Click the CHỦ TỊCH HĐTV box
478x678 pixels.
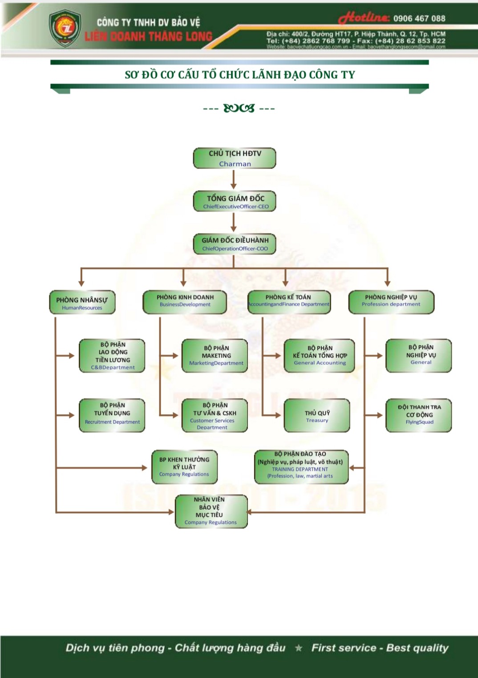pyautogui.click(x=235, y=158)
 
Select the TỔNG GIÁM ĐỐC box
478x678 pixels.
pyautogui.click(x=235, y=201)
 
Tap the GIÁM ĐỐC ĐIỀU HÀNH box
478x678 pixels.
pyautogui.click(x=235, y=244)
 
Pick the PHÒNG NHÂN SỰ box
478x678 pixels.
pyautogui.click(x=82, y=303)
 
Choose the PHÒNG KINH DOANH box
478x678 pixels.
pyautogui.click(x=185, y=302)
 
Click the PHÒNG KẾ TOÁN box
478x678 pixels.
pyautogui.click(x=289, y=302)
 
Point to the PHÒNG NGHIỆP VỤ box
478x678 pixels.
pyautogui.click(x=391, y=302)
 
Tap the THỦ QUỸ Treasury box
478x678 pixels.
pyautogui.click(x=317, y=416)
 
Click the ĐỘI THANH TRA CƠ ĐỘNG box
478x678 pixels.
pyautogui.click(x=419, y=415)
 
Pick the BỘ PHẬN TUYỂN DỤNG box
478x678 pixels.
pyautogui.click(x=112, y=415)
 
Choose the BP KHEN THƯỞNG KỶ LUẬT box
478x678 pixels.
pyautogui.click(x=184, y=466)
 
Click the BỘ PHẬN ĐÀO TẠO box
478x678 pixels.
pyautogui.click(x=301, y=466)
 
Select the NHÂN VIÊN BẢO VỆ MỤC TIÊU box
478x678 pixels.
pyautogui.click(x=211, y=511)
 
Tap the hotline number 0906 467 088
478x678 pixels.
pyautogui.click(x=419, y=18)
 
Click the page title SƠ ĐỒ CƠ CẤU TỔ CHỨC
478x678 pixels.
pyautogui.click(x=240, y=75)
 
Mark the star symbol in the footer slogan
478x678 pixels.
pyautogui.click(x=299, y=648)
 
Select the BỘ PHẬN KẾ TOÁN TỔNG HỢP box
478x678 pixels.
pyautogui.click(x=320, y=355)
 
